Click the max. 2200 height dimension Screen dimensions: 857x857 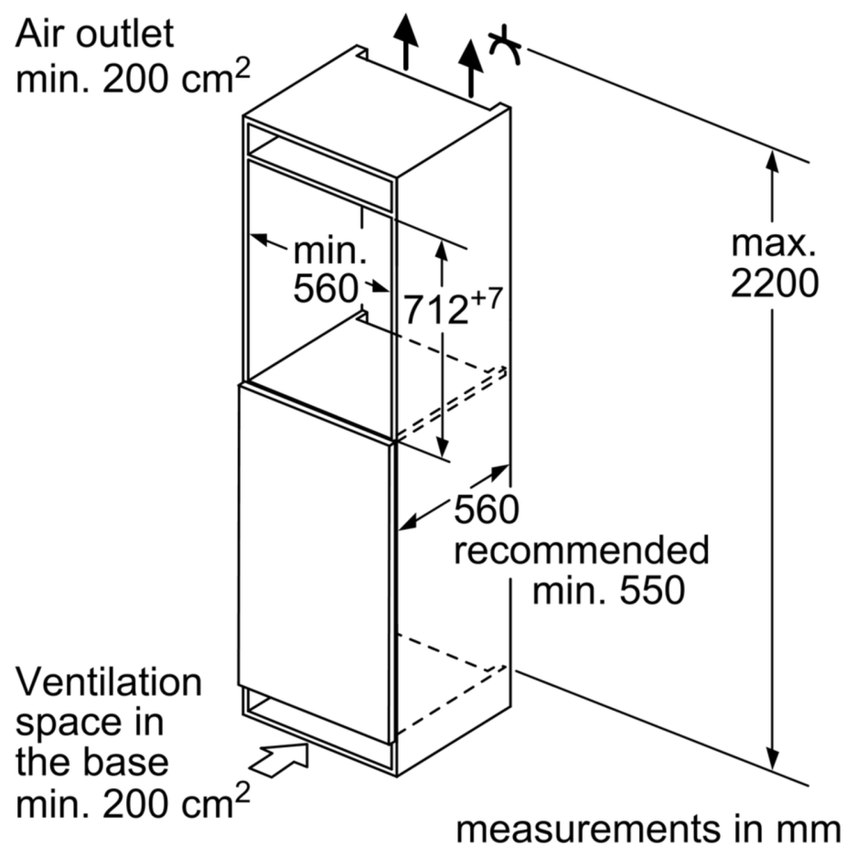(774, 264)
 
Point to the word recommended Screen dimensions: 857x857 (582, 551)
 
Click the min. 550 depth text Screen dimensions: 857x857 (608, 591)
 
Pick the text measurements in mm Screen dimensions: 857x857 (648, 829)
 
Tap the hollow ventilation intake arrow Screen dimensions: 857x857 (279, 758)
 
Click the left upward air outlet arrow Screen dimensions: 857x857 (405, 40)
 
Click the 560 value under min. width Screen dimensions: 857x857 (325, 289)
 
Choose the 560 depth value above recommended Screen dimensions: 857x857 (486, 509)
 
